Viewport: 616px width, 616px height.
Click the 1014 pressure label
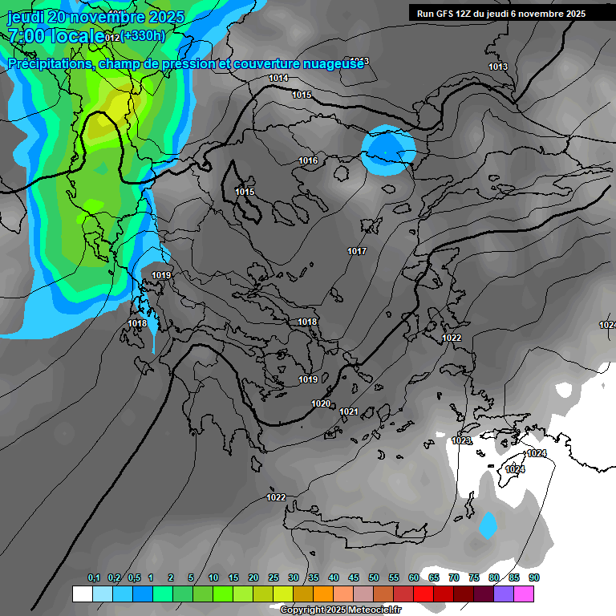278,78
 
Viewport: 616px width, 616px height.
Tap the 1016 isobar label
308,161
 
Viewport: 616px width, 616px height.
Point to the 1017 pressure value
357,252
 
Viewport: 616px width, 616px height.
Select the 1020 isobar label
321,403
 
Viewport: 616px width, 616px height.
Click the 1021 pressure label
348,411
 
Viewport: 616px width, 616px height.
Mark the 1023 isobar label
461,441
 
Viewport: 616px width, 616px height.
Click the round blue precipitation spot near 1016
388,150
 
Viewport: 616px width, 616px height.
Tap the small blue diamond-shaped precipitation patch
487,526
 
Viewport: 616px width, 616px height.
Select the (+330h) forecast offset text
144,35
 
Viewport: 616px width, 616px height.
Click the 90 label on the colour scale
533,577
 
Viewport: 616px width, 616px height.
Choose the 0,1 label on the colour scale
94,577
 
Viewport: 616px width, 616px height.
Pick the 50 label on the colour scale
374,577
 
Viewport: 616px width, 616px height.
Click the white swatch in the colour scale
82,594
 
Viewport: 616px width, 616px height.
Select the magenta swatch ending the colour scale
524,594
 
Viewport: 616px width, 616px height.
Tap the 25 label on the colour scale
274,577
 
